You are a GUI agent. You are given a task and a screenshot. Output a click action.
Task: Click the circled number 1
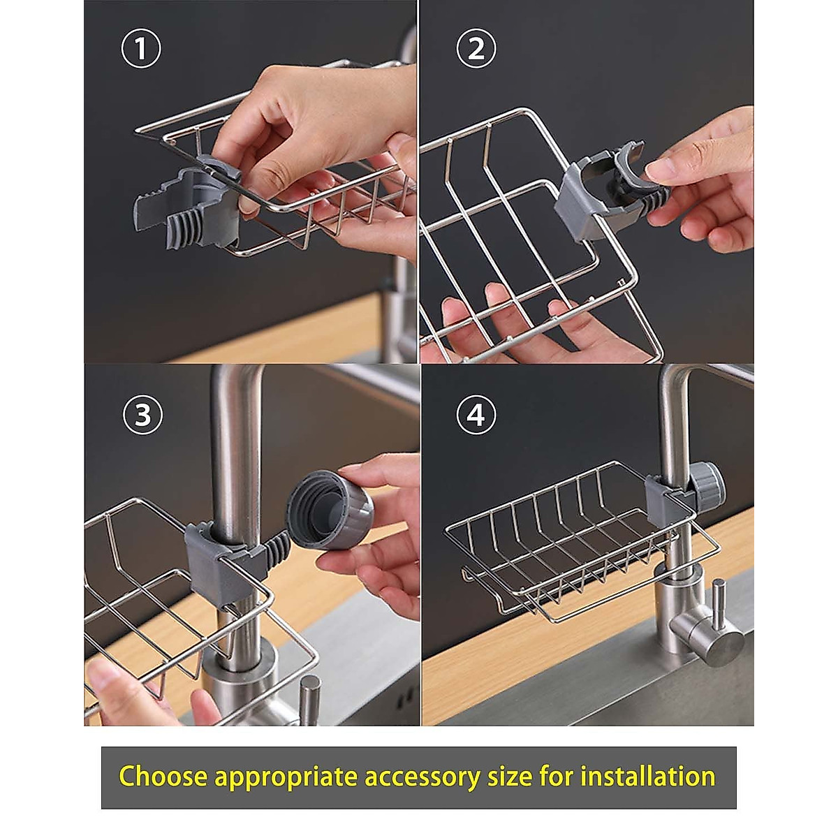coord(140,49)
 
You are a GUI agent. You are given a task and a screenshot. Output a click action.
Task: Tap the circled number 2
coord(476,48)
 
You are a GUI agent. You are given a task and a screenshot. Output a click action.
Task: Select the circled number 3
coord(142,415)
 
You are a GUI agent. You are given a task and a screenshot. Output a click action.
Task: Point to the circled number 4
coord(476,415)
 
